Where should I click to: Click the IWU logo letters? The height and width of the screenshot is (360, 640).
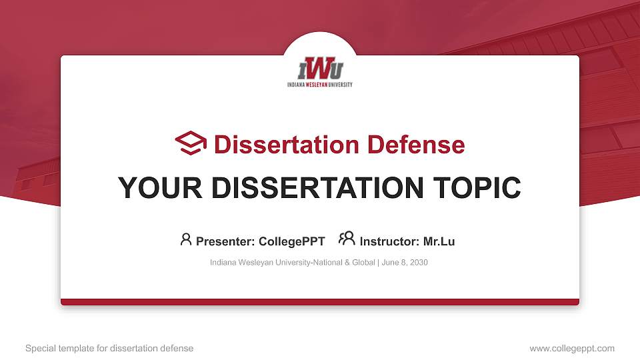coord(320,69)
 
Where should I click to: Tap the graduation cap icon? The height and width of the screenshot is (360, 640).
coord(191,143)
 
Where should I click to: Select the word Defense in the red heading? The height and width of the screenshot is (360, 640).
coord(406,145)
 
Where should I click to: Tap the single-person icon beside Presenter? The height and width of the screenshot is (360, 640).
coord(186,239)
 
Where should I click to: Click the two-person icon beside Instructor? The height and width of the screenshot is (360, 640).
coord(347,239)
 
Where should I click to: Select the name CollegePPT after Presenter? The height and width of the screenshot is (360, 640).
coord(291,241)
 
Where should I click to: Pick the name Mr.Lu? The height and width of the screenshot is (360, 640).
coord(439,241)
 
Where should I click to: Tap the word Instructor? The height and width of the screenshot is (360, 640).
coord(389,241)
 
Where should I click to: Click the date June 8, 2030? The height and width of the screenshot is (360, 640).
coord(405,263)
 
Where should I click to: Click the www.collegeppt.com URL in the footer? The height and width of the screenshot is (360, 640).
coord(571,348)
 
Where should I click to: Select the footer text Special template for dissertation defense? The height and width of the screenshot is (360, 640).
coord(109,348)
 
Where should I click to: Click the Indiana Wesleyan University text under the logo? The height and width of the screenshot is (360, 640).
coord(320,85)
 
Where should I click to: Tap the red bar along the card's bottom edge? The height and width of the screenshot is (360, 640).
coord(320,302)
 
